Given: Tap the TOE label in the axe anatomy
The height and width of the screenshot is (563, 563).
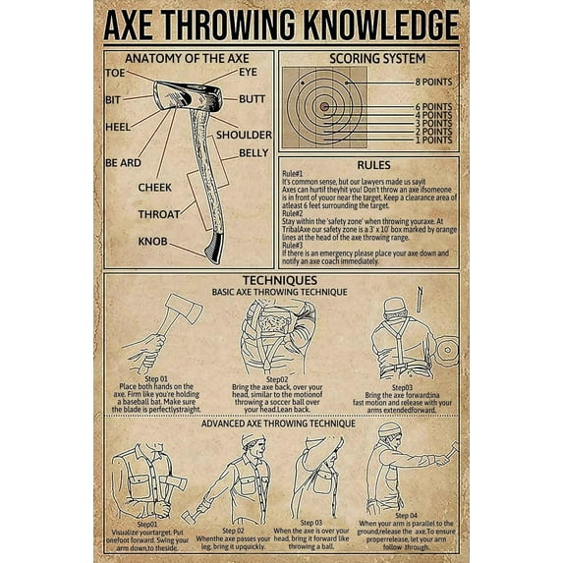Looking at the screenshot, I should (x=115, y=73).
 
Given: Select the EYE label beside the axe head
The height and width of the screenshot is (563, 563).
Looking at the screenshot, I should (x=248, y=73).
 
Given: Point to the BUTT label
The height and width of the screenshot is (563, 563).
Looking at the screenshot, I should (x=252, y=99).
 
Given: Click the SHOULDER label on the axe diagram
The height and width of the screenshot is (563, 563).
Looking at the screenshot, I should (x=244, y=134).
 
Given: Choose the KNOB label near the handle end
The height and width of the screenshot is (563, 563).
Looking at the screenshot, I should (x=152, y=241).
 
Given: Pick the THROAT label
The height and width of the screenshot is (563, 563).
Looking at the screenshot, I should (x=157, y=213).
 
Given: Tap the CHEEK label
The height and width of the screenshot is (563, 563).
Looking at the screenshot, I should (x=154, y=187).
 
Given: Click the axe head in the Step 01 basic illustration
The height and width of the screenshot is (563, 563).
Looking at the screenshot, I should (x=184, y=310).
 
